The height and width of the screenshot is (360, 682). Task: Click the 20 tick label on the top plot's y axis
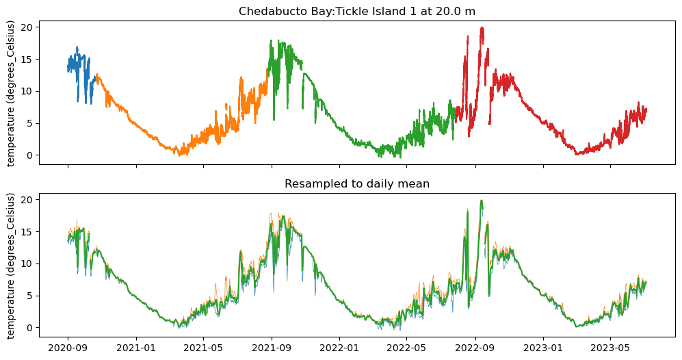[27, 27]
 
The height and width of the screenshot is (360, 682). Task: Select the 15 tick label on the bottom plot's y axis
[27, 231]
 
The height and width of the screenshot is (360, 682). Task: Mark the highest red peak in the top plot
[482, 28]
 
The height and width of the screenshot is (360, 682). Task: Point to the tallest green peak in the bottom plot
[482, 201]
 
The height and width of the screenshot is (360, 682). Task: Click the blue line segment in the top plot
[77, 58]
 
